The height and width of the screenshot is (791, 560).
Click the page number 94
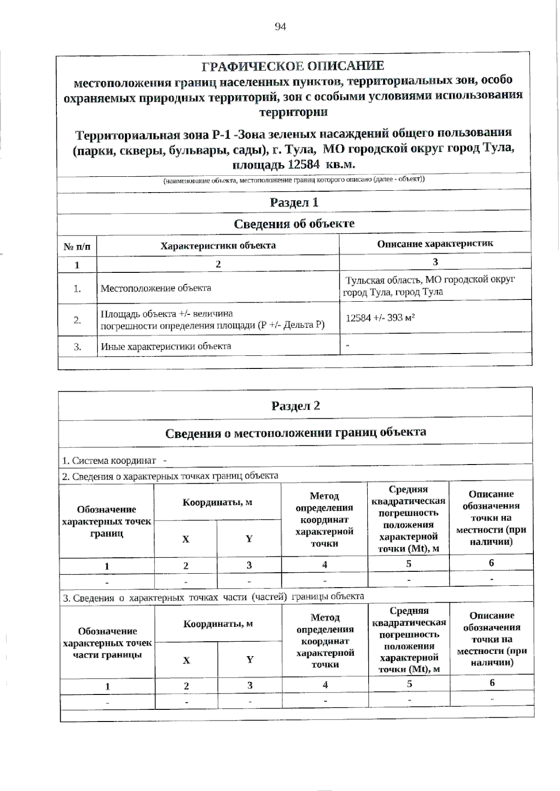[x=280, y=27]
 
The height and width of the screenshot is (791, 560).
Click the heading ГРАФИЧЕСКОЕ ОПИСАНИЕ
[x=293, y=66]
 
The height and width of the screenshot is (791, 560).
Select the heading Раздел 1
[x=294, y=202]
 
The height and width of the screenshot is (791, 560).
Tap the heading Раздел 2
[x=295, y=405]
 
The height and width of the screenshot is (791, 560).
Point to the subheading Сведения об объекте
[x=294, y=224]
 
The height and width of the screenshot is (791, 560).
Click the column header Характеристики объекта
[x=218, y=245]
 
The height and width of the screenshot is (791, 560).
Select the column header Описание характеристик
[x=435, y=243]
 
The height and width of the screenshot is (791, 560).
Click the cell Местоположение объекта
[x=156, y=288]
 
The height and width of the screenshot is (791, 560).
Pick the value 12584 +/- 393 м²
[x=380, y=318]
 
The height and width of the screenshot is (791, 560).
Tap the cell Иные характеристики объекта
[x=166, y=346]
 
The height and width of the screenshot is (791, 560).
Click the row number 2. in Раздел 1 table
[x=77, y=320]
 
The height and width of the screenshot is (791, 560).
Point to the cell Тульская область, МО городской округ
[x=429, y=280]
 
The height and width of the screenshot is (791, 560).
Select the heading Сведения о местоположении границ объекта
[x=295, y=432]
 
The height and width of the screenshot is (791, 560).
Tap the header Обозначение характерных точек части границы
[x=107, y=643]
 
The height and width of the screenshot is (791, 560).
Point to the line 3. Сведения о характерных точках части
[x=213, y=597]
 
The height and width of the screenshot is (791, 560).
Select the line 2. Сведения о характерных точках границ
[x=170, y=476]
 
